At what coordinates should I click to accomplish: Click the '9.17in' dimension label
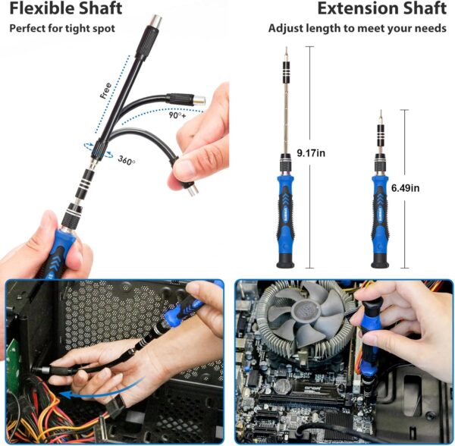[x=312, y=152]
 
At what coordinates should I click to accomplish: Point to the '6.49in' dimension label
[x=406, y=187]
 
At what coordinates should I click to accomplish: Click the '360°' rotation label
[x=127, y=160]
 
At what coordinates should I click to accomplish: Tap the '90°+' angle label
[x=178, y=116]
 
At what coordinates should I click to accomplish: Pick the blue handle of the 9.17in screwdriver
[x=285, y=213]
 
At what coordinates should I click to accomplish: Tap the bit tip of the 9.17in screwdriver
[x=285, y=52]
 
